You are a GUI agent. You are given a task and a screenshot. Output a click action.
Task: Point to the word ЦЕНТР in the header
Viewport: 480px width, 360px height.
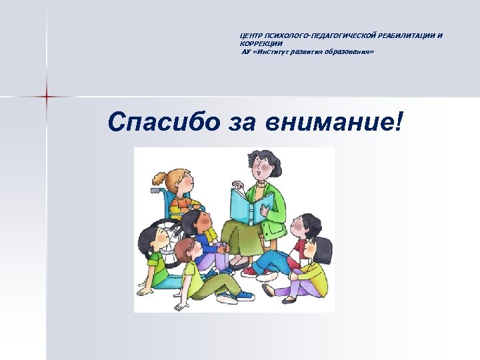251,35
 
